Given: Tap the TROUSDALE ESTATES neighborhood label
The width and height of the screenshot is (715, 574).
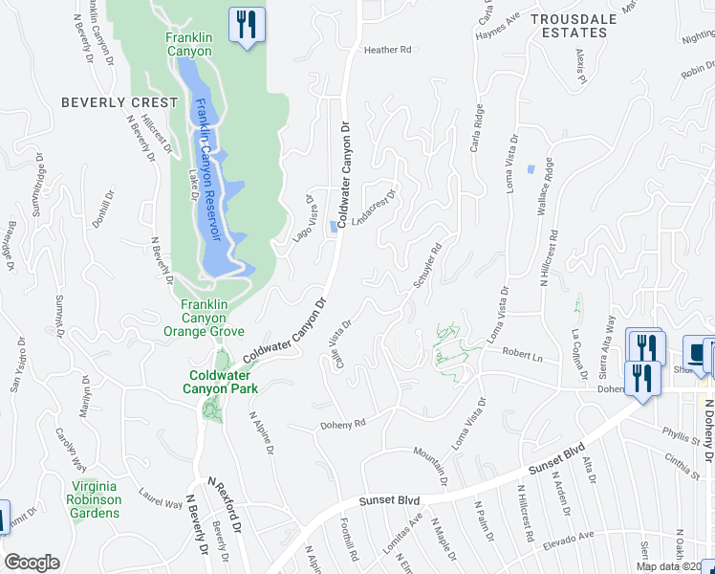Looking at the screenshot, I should [x=569, y=26].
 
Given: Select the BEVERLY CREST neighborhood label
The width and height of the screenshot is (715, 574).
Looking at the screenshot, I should [x=119, y=102].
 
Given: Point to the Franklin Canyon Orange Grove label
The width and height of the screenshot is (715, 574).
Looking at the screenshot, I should [x=205, y=318].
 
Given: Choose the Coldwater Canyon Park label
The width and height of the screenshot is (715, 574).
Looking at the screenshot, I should [x=225, y=382].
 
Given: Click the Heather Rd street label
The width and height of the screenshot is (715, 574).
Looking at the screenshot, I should [x=386, y=49].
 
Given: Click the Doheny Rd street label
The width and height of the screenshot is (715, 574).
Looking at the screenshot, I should [x=343, y=424].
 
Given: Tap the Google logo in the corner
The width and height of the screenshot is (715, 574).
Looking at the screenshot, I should [x=32, y=563].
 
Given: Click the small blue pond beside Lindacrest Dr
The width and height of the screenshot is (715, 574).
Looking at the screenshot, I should [x=333, y=227].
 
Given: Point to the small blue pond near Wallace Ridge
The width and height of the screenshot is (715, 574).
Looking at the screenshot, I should [x=531, y=169].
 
